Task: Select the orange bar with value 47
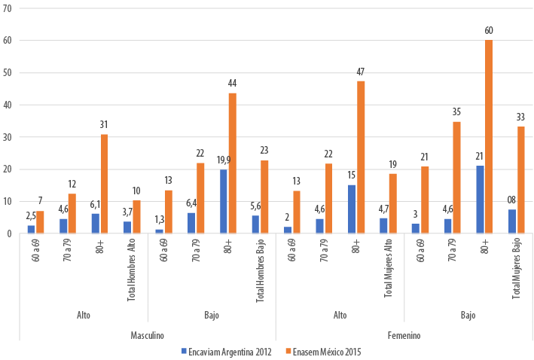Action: click(361, 157)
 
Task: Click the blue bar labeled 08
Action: click(512, 221)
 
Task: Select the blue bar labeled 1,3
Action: click(159, 230)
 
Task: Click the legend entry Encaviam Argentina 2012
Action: click(227, 351)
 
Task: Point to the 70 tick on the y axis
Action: click(7, 9)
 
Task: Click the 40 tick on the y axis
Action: click(7, 105)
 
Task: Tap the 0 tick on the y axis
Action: click(9, 233)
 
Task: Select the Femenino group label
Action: click(404, 335)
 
